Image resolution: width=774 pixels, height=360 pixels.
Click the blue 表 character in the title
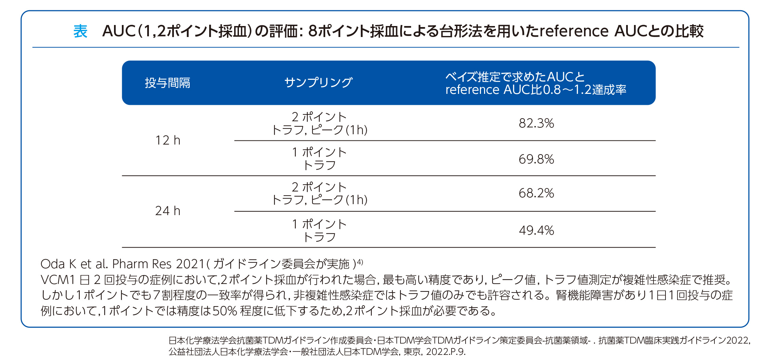tap(80, 31)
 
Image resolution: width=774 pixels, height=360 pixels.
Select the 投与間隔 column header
tap(167, 83)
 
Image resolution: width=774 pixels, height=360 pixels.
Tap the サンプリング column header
tap(318, 83)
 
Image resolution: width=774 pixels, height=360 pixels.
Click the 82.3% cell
tap(536, 123)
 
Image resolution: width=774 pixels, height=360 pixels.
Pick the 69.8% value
tap(536, 159)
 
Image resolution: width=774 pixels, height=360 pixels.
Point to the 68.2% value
tap(536, 193)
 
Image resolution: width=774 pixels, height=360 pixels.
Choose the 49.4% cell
tap(536, 231)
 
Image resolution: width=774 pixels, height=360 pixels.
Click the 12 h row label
tap(167, 140)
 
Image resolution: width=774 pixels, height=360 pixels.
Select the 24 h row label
tap(167, 211)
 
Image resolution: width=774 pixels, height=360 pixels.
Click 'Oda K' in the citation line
tap(58, 264)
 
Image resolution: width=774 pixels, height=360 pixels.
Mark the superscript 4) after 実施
tap(360, 262)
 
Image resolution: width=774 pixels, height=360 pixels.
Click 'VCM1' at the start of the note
tap(58, 280)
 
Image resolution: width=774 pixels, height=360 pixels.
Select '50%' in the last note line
tap(225, 311)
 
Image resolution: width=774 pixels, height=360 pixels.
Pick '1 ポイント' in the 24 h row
tap(319, 224)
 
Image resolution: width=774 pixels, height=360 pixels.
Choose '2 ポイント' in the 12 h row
tap(319, 117)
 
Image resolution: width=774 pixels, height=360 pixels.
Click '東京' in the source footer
tap(412, 352)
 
